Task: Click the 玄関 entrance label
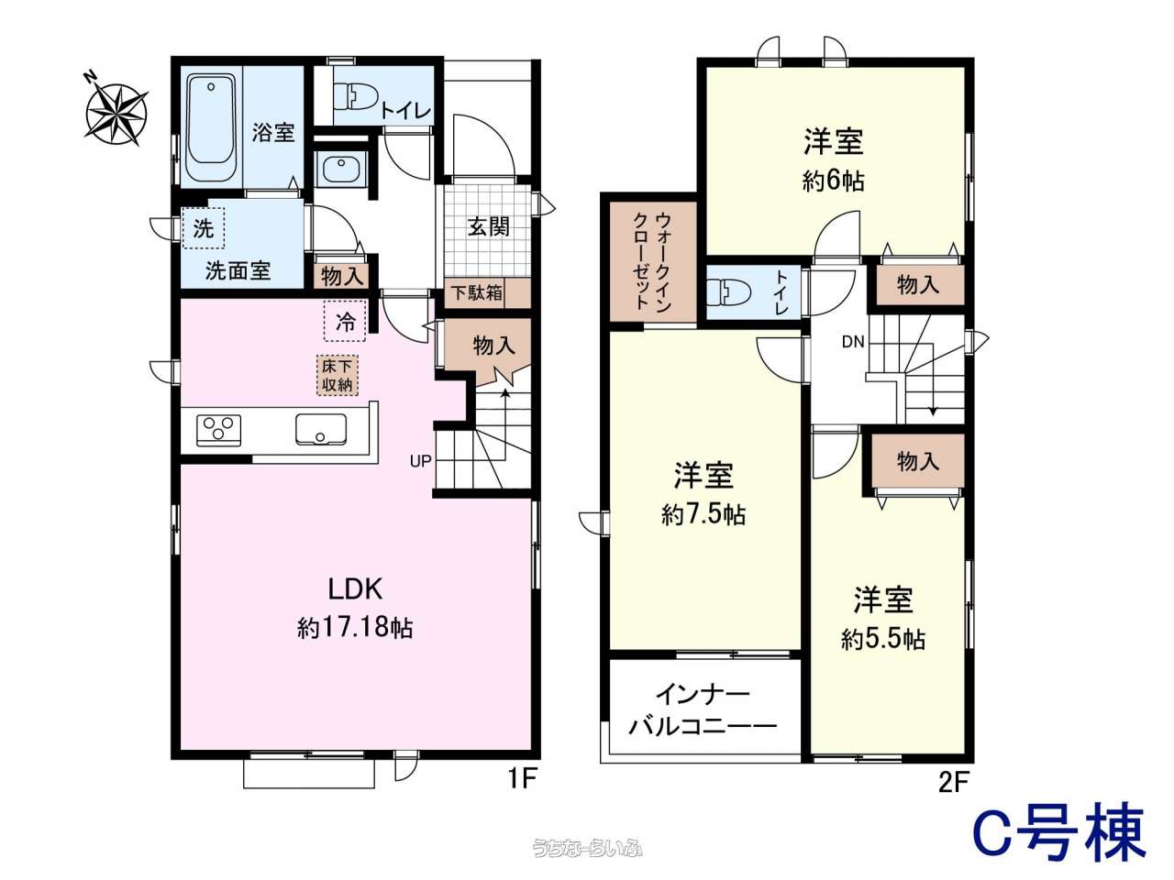coord(488,227)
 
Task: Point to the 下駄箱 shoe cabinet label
coord(476,293)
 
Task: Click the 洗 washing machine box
coord(204,228)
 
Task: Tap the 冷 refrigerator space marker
coord(345,321)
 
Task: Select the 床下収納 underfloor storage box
coord(337,375)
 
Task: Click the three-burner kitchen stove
coord(218,431)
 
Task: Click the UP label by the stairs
coord(420,461)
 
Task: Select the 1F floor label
coord(522,779)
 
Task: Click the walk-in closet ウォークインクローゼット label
coord(652,262)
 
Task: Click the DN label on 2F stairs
coord(853,342)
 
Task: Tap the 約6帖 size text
coord(833,181)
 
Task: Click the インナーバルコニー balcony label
coord(703,711)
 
